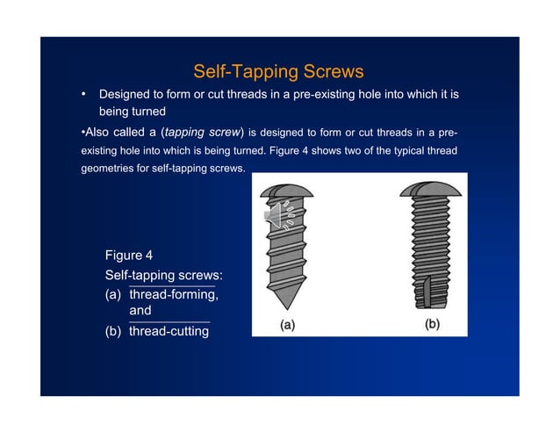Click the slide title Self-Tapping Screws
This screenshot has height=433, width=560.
pyautogui.click(x=278, y=71)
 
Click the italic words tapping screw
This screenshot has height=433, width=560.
pyautogui.click(x=203, y=133)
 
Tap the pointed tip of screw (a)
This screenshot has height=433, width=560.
pyautogui.click(x=287, y=308)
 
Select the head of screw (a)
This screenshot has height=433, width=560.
pyautogui.click(x=286, y=191)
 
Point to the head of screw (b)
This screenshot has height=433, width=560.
pyautogui.click(x=430, y=189)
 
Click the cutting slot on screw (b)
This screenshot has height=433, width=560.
pyautogui.click(x=427, y=292)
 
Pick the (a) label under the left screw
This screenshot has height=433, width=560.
pyautogui.click(x=288, y=325)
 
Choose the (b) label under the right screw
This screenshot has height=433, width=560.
pyautogui.click(x=432, y=324)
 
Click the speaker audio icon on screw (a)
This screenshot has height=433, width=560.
pyautogui.click(x=280, y=215)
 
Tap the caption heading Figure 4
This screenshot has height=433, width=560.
pyautogui.click(x=129, y=255)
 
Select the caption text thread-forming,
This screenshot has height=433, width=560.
pyautogui.click(x=174, y=294)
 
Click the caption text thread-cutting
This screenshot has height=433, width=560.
pyautogui.click(x=169, y=331)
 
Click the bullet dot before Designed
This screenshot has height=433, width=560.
pyautogui.click(x=83, y=94)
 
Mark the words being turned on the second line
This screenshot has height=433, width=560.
pyautogui.click(x=133, y=112)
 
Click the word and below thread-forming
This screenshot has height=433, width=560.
pyautogui.click(x=140, y=310)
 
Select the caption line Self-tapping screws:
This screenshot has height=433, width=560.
pyautogui.click(x=163, y=275)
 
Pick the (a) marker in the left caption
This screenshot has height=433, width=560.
pyautogui.click(x=113, y=295)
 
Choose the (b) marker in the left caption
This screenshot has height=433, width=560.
pyautogui.click(x=113, y=331)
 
